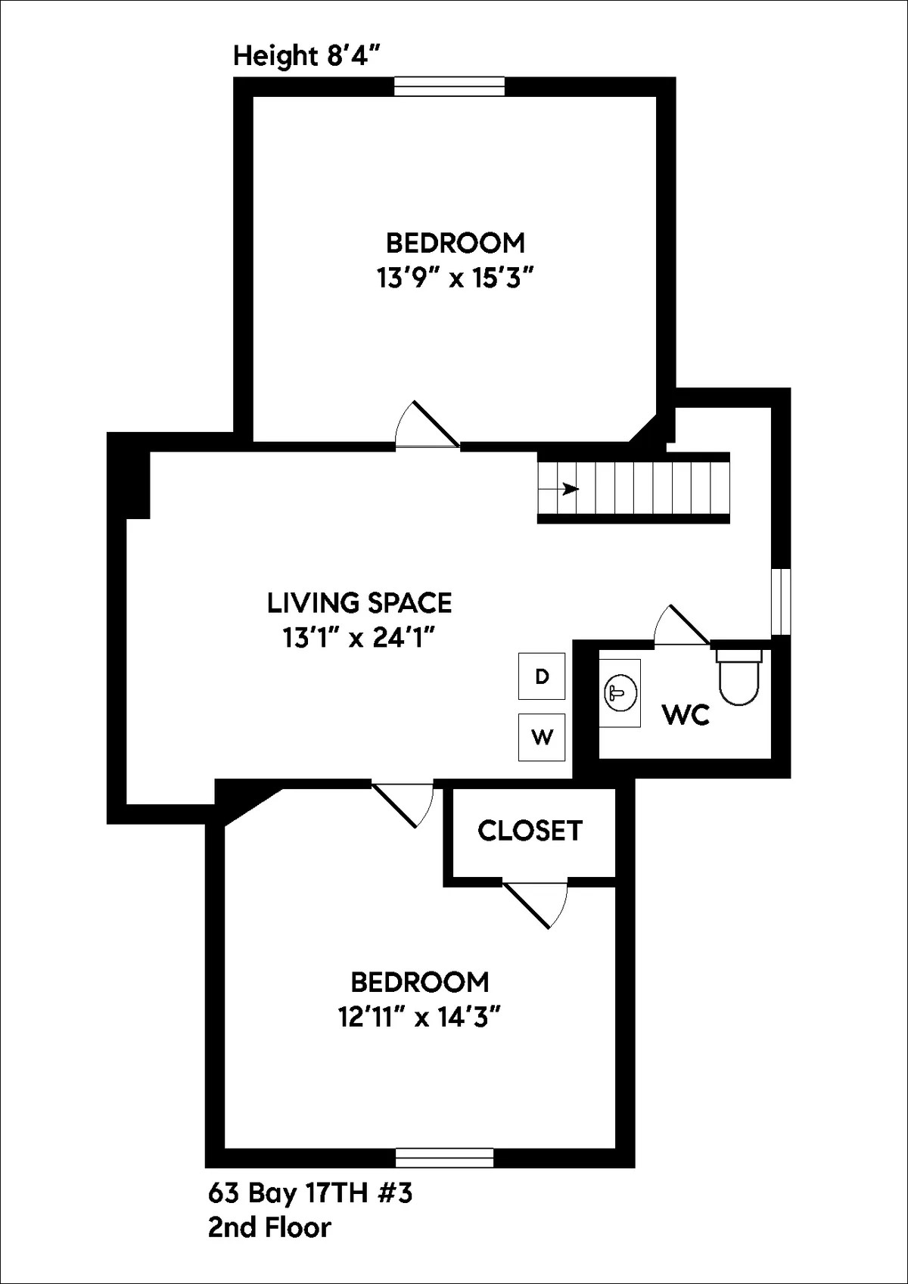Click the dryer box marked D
(542, 676)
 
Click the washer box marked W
(542, 736)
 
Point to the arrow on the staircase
(567, 489)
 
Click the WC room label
(686, 714)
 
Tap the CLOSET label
(530, 830)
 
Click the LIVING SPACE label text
(359, 603)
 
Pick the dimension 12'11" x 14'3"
(420, 1018)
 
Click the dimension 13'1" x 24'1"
(359, 639)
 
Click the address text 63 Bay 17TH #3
(310, 1193)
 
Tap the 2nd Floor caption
(269, 1227)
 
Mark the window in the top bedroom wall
(449, 86)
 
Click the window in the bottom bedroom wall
(445, 1158)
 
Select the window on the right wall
(781, 602)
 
